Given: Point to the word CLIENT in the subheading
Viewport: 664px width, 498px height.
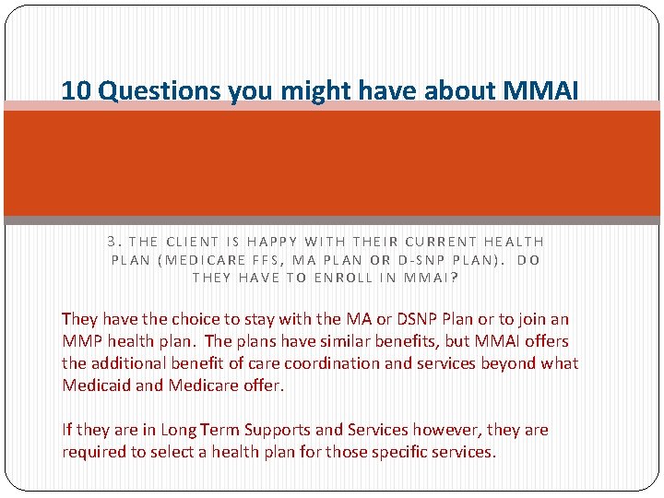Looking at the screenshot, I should (x=191, y=242).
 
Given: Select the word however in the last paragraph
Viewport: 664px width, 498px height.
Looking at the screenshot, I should (x=449, y=430).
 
